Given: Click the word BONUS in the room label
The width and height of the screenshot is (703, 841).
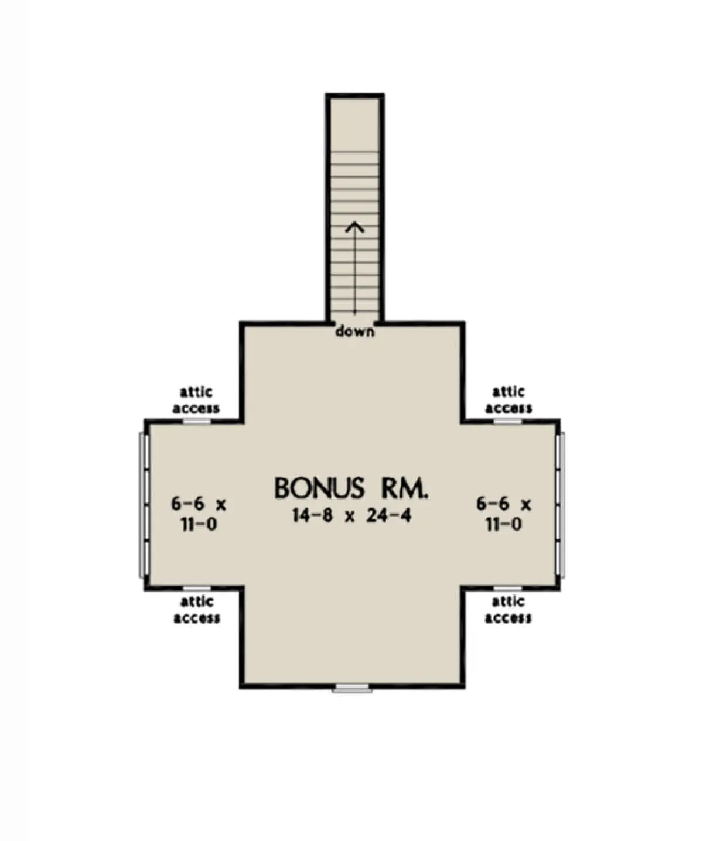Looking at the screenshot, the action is [319, 488].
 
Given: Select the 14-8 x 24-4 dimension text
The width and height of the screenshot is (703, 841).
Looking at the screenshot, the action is [351, 515].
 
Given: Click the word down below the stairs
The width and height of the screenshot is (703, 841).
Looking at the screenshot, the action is [355, 331].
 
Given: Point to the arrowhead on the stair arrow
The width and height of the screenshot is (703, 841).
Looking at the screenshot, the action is [355, 227].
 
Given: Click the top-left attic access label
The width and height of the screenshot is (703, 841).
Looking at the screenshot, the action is [196, 400].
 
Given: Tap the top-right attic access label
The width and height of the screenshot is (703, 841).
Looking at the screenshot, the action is [509, 400].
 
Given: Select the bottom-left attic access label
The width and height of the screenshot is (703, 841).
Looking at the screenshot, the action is [197, 610].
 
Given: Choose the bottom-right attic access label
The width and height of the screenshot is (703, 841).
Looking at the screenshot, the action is [509, 610].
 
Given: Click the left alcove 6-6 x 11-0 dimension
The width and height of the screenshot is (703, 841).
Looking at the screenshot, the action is [199, 514].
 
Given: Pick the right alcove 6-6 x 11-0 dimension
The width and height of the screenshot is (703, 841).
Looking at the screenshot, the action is [504, 514].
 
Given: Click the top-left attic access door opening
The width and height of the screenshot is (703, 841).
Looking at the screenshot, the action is [197, 421].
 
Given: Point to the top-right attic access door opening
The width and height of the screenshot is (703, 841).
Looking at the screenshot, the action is [508, 421].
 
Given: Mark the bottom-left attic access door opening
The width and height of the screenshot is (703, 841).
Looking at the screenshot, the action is [197, 588].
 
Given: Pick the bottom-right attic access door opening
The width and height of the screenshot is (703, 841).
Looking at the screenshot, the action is [508, 588].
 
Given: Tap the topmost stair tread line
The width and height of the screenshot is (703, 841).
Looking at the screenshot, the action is [355, 152].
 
